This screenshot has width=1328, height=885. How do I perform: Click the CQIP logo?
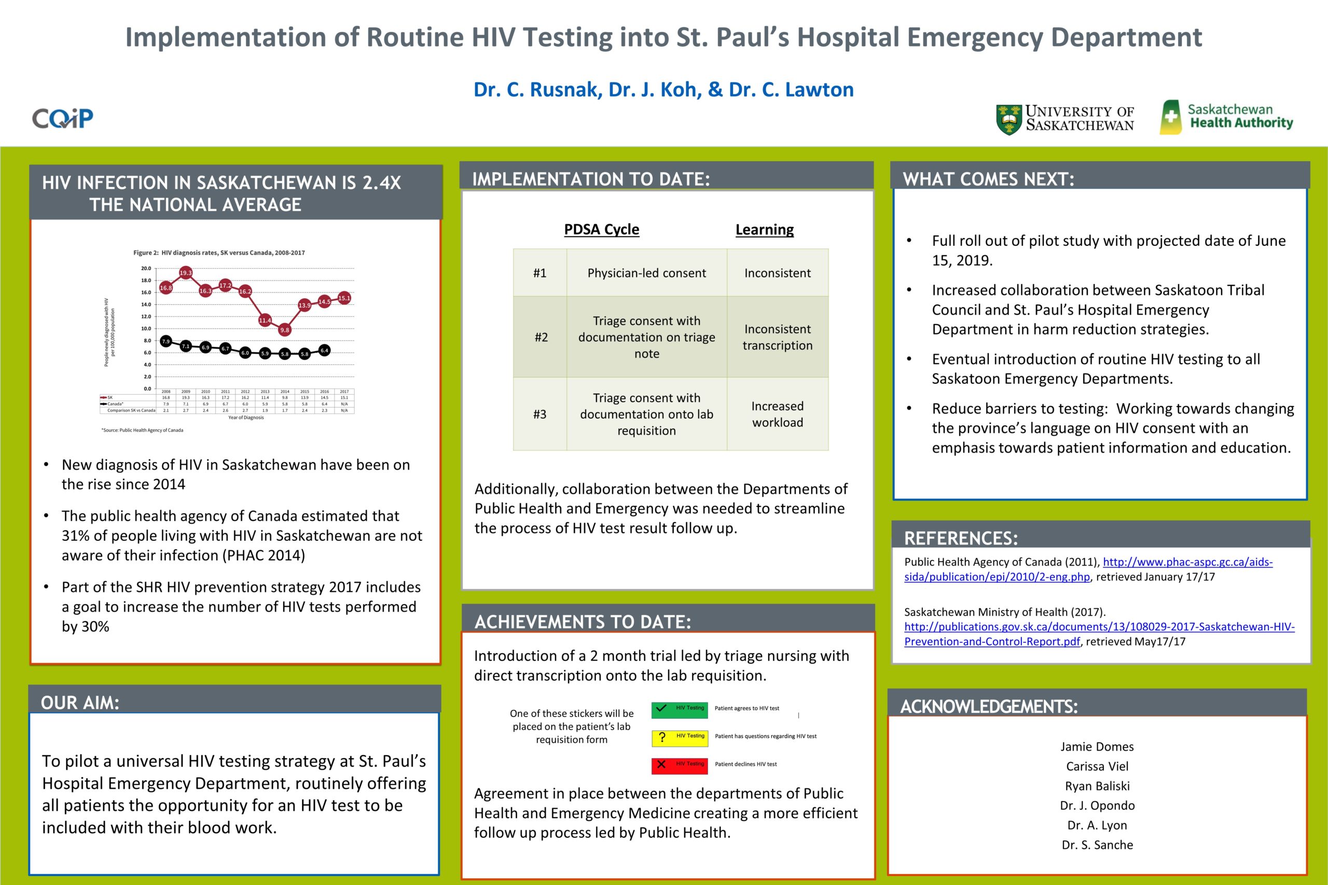(63, 118)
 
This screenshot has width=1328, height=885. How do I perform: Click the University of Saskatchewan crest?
(1008, 119)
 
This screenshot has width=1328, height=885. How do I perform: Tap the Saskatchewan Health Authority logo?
(1226, 117)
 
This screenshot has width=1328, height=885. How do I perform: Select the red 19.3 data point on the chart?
(186, 273)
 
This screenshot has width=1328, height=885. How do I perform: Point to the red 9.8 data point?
(285, 330)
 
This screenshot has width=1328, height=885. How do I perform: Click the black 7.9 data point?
(166, 342)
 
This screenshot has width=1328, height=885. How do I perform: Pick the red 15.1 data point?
(344, 298)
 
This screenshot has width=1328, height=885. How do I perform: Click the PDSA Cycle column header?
(601, 229)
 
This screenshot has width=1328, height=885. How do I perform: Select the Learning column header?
(765, 229)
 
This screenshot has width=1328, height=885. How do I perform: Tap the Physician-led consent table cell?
(646, 273)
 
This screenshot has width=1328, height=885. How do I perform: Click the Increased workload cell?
(778, 414)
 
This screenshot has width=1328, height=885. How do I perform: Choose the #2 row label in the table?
(541, 337)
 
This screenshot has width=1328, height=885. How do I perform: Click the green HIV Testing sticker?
(679, 709)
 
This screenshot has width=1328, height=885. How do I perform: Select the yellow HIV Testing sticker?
(679, 737)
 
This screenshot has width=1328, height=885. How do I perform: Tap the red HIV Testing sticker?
(679, 765)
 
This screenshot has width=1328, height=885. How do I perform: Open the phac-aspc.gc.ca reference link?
(1187, 562)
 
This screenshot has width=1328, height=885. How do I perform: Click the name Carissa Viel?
(1097, 766)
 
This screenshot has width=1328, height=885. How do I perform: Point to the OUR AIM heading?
(80, 703)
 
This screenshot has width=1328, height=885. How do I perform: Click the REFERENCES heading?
(961, 538)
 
